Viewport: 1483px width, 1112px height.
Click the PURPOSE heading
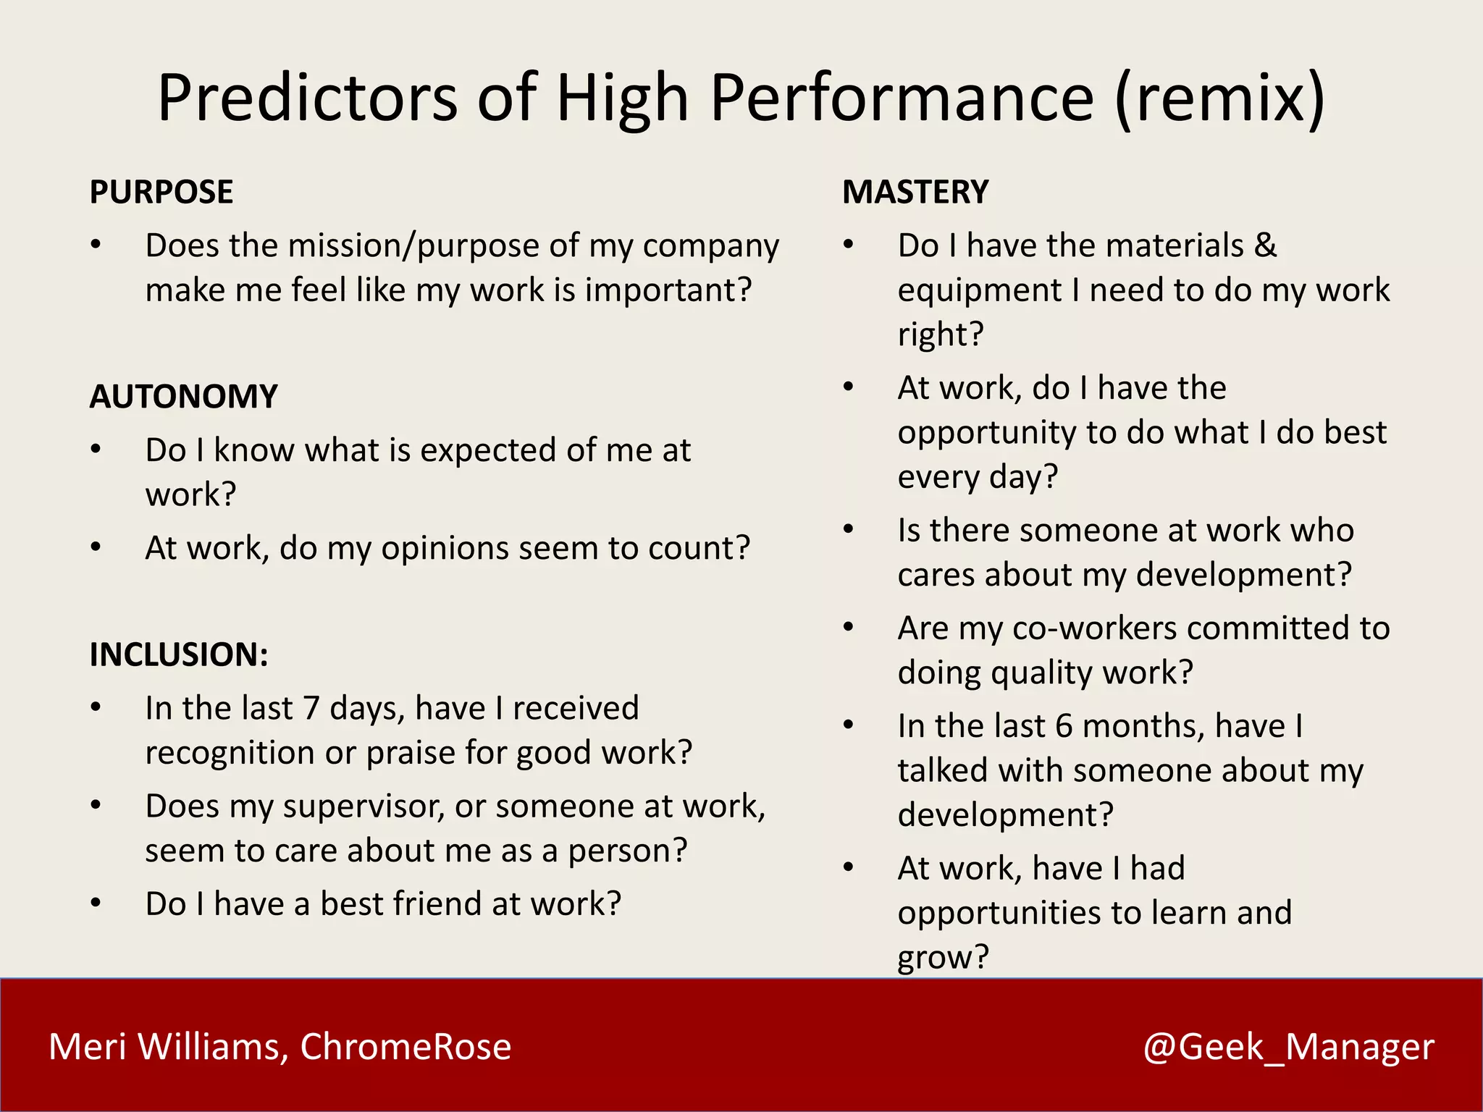pos(161,192)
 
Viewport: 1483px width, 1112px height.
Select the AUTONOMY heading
pos(183,397)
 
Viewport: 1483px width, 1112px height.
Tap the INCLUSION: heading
pos(178,654)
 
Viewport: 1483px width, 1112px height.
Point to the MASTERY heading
pos(915,192)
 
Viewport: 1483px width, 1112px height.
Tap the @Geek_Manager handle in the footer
pos(1288,1047)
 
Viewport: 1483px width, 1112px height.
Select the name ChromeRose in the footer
pos(406,1047)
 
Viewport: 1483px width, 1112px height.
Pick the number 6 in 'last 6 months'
pos(1063,726)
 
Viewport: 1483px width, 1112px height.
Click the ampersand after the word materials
pos(1265,245)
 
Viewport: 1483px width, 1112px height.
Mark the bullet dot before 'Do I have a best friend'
pos(96,903)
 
